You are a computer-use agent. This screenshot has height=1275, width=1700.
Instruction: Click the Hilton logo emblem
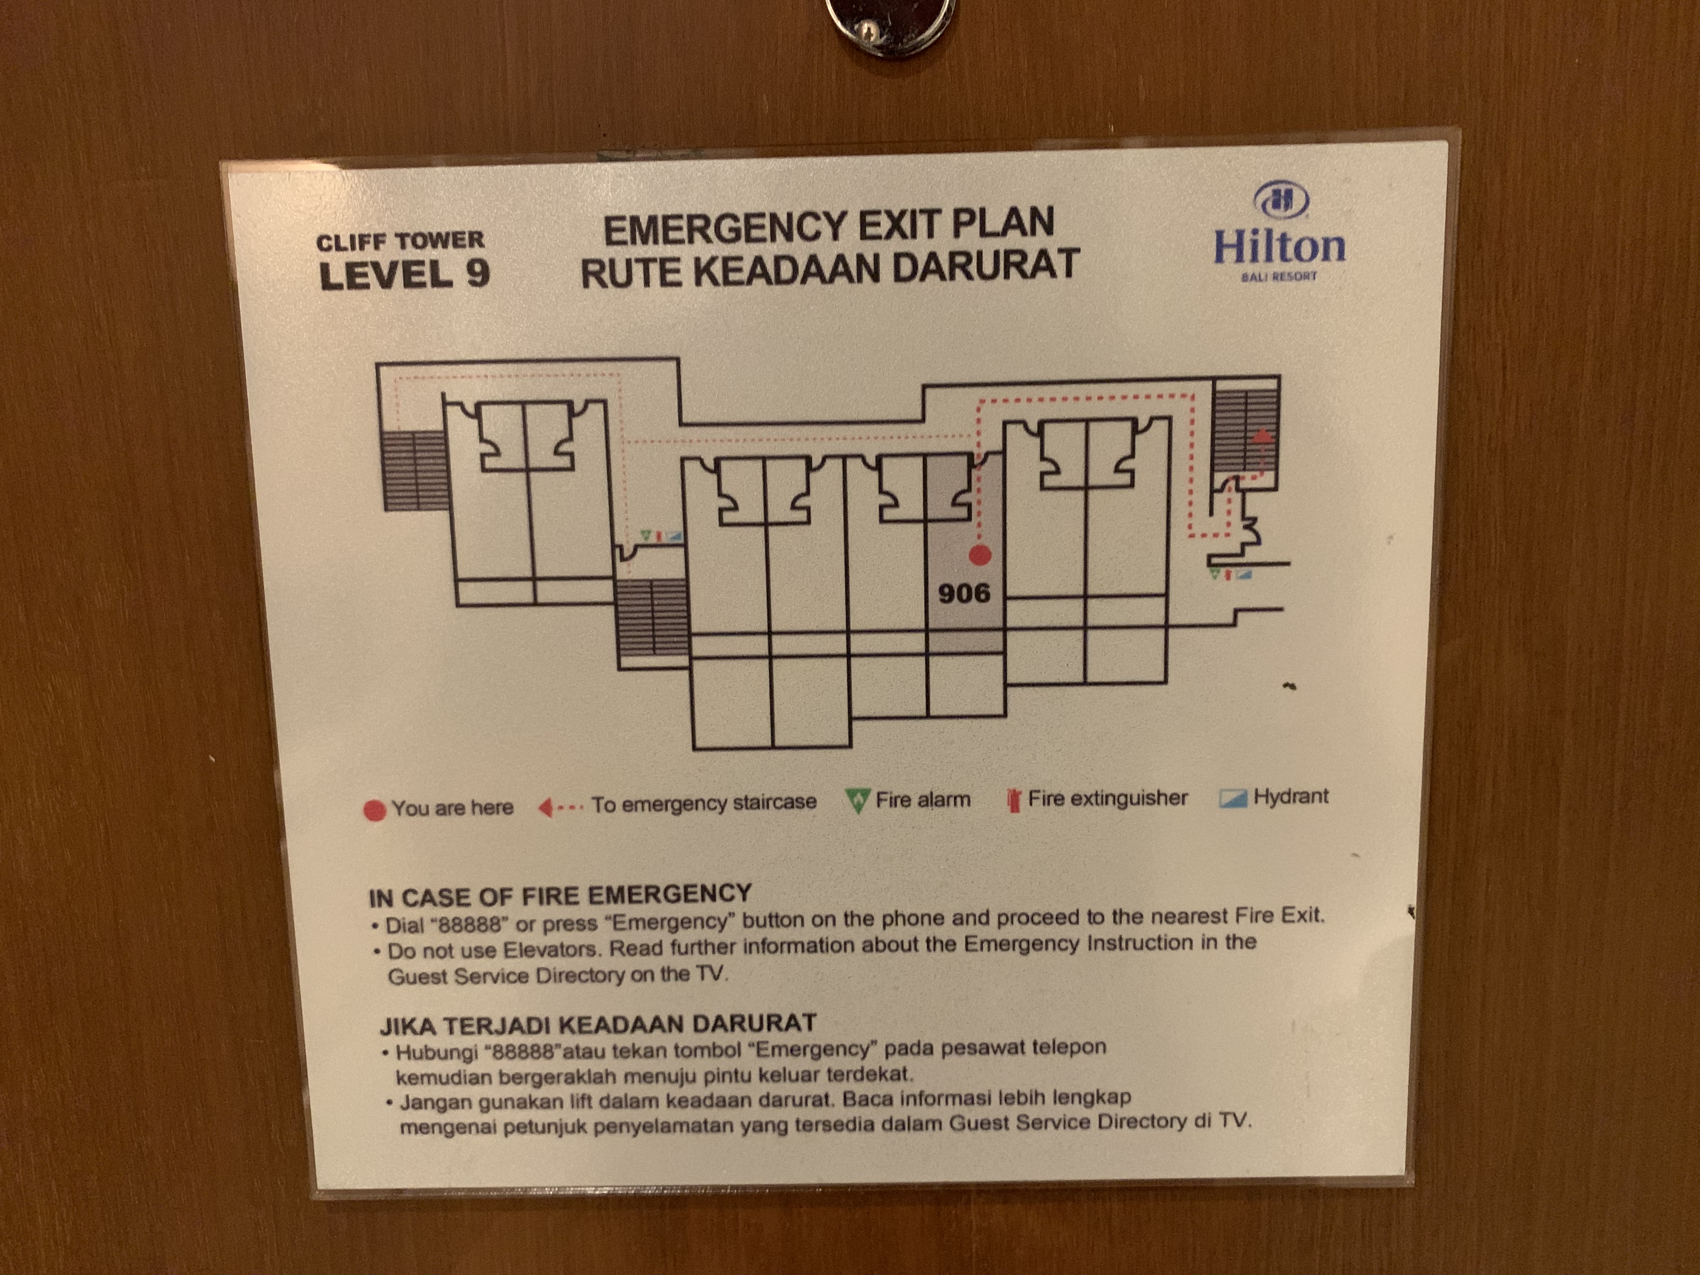[1281, 202]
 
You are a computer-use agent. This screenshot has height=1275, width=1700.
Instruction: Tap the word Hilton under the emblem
[1280, 246]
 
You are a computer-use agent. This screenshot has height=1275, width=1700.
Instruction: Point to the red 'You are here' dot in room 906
[979, 555]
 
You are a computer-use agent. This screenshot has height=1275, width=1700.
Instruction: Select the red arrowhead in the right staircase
[1260, 436]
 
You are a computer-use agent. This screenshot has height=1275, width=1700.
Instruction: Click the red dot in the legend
[374, 812]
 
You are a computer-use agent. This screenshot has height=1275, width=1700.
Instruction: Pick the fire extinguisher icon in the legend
[1014, 801]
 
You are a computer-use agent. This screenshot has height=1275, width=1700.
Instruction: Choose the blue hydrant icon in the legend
[1232, 799]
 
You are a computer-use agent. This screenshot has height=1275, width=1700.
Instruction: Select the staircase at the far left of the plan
[414, 471]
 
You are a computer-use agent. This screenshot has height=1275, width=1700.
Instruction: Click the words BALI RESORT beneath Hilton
[1280, 276]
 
